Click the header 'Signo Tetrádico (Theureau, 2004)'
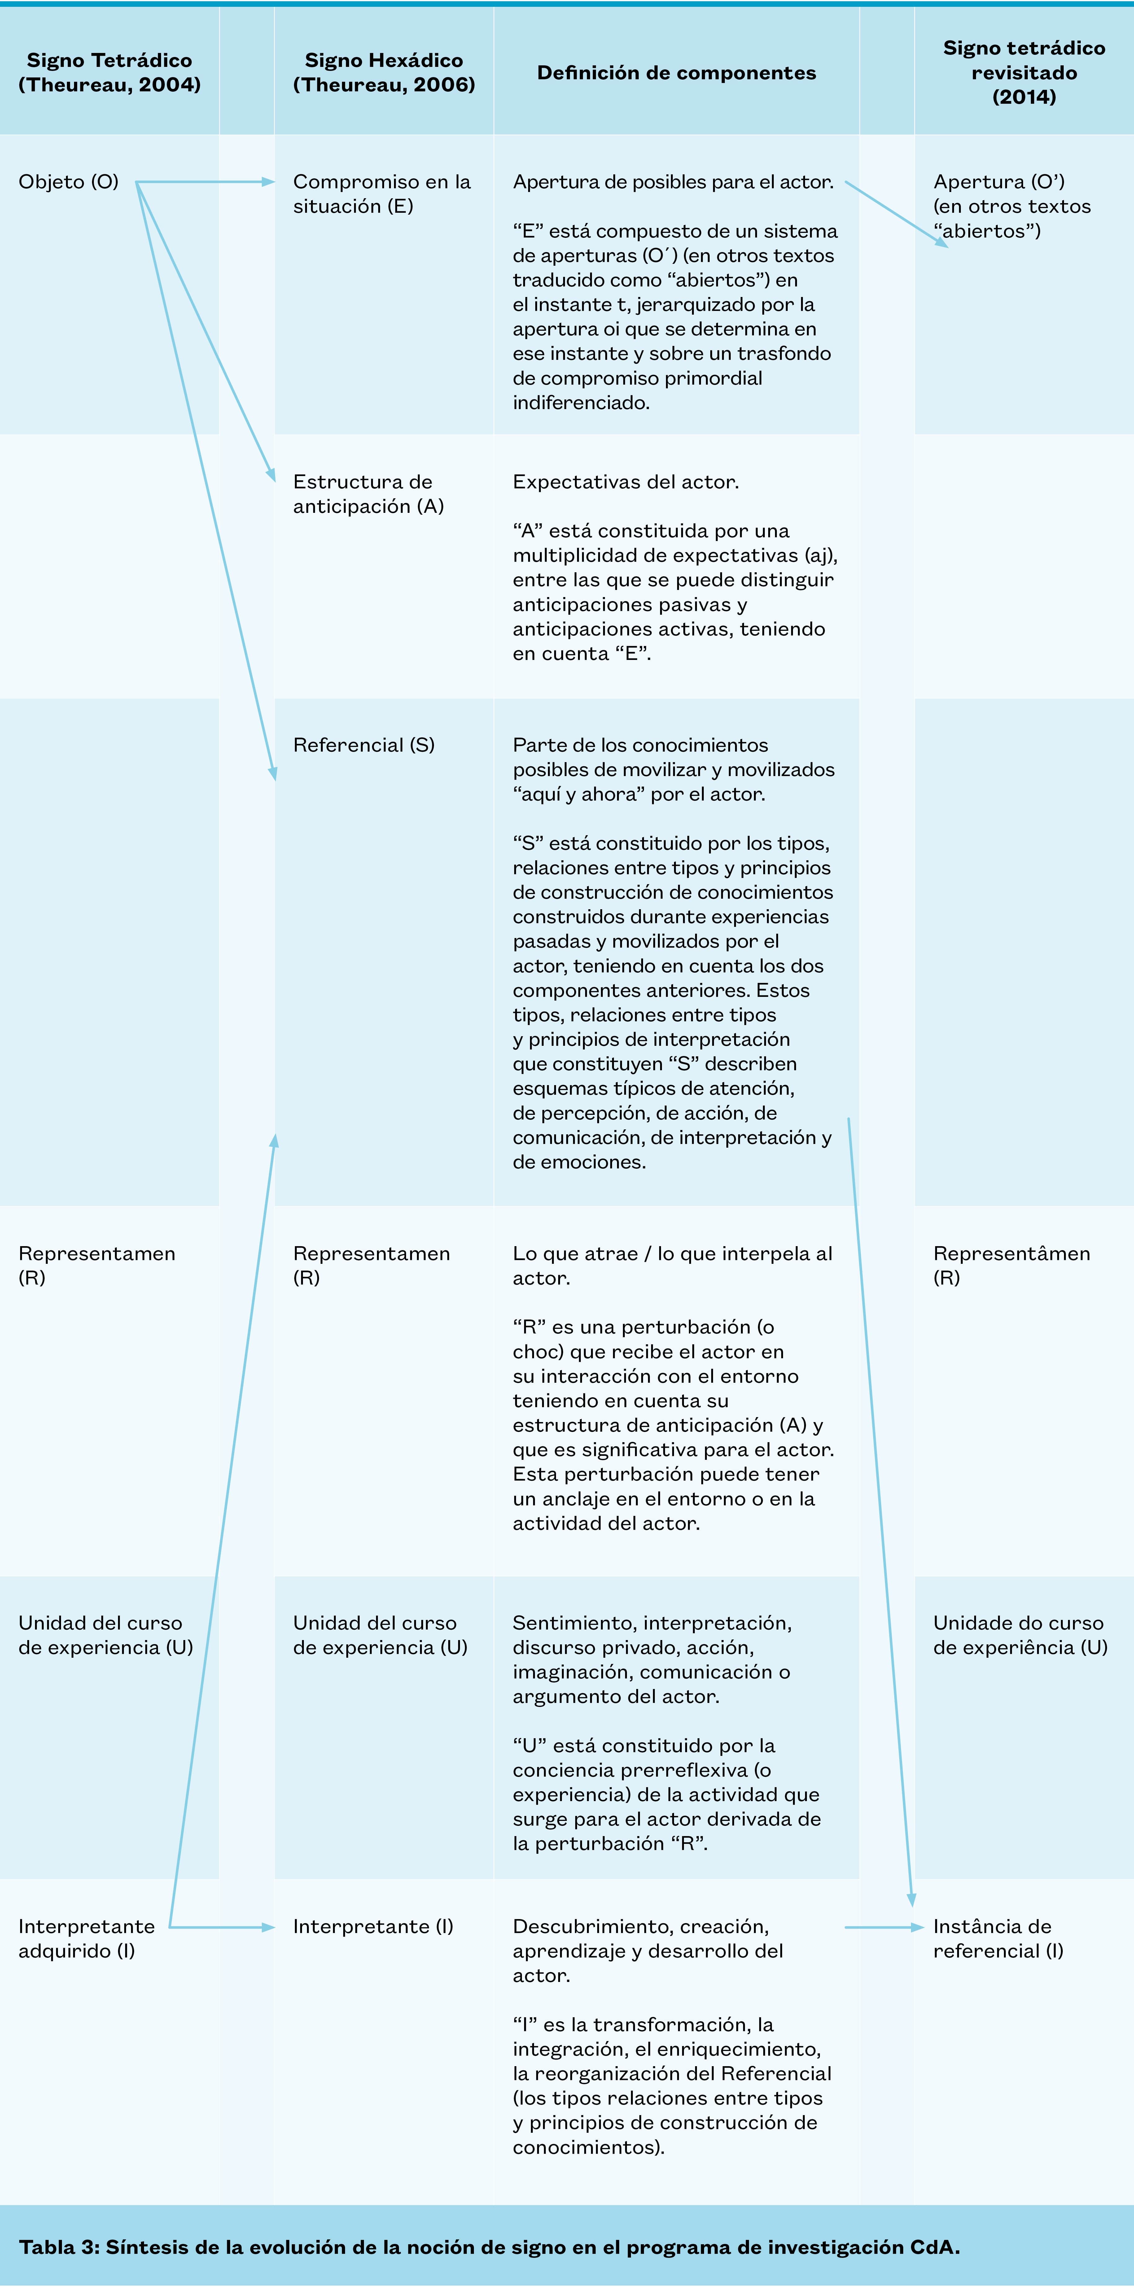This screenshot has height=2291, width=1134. (x=109, y=72)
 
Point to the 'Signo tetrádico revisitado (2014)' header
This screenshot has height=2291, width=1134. (x=1024, y=72)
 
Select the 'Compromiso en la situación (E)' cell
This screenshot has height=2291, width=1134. (x=382, y=194)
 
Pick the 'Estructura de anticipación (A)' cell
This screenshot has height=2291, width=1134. (x=368, y=494)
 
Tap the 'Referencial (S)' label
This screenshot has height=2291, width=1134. (x=364, y=745)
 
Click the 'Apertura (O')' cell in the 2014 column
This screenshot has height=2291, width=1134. (x=1011, y=206)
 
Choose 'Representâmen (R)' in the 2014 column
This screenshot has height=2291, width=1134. (x=1011, y=1266)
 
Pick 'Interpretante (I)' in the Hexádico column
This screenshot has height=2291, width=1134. (x=373, y=1927)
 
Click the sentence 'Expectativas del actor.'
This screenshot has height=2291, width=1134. (x=625, y=482)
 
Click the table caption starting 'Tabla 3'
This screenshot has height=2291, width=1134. (x=489, y=2247)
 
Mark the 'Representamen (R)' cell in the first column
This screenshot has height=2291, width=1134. (x=97, y=1266)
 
